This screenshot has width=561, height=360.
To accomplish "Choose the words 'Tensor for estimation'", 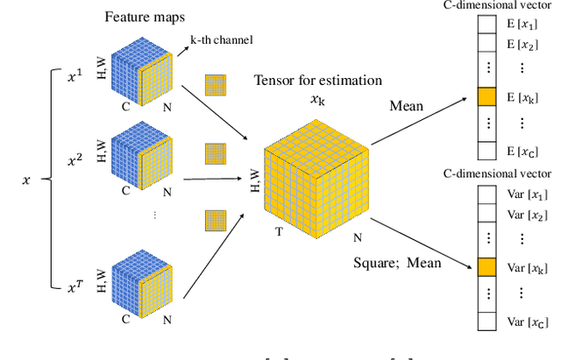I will (318, 81).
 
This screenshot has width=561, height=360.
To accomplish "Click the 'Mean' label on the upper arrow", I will (407, 106).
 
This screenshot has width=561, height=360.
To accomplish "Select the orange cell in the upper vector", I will (486, 96).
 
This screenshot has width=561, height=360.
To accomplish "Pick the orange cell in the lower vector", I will (486, 266).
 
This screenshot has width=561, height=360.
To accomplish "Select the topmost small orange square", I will (216, 85).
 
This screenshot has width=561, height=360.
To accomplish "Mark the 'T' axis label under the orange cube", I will (280, 231).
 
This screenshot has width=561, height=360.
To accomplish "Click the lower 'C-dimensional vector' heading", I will (509, 173).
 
